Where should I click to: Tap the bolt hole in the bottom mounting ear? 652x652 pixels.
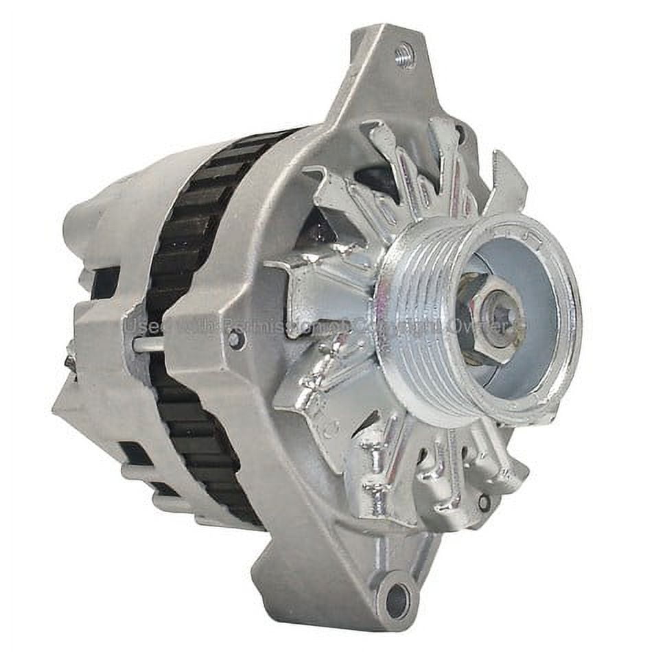point(396,602)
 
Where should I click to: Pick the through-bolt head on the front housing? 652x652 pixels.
point(235,338)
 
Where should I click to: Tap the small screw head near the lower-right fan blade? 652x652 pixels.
point(485,502)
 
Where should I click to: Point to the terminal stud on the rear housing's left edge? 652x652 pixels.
point(71,357)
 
